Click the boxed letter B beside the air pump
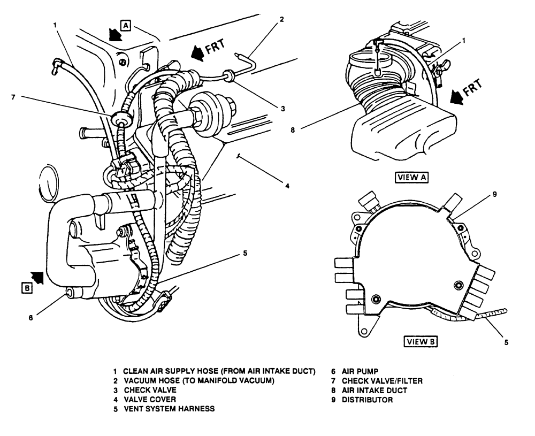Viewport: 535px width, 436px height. point(26,287)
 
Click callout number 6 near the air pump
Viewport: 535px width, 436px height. point(30,317)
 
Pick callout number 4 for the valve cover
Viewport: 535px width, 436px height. point(287,186)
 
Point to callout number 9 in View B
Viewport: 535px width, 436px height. point(494,194)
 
